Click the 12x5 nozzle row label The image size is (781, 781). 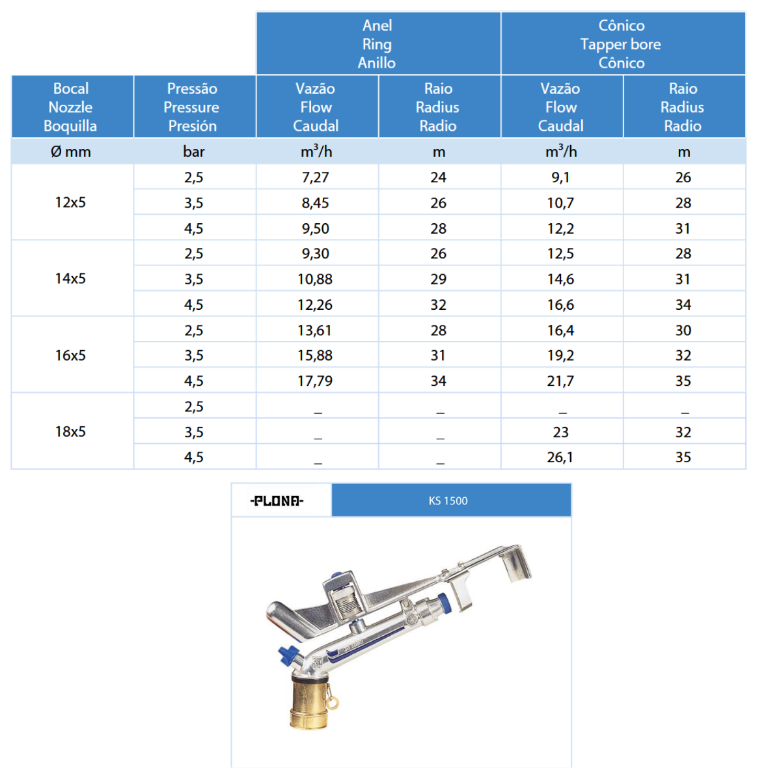[70, 202]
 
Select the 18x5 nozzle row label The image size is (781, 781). [70, 432]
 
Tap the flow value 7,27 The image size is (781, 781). [315, 177]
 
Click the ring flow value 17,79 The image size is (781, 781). [315, 381]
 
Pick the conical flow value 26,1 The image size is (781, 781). [560, 457]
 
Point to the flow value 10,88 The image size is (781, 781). [315, 279]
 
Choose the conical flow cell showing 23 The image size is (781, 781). [560, 432]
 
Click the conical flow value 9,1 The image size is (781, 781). [560, 177]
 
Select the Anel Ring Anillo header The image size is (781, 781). [377, 44]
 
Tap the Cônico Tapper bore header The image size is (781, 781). [621, 44]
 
